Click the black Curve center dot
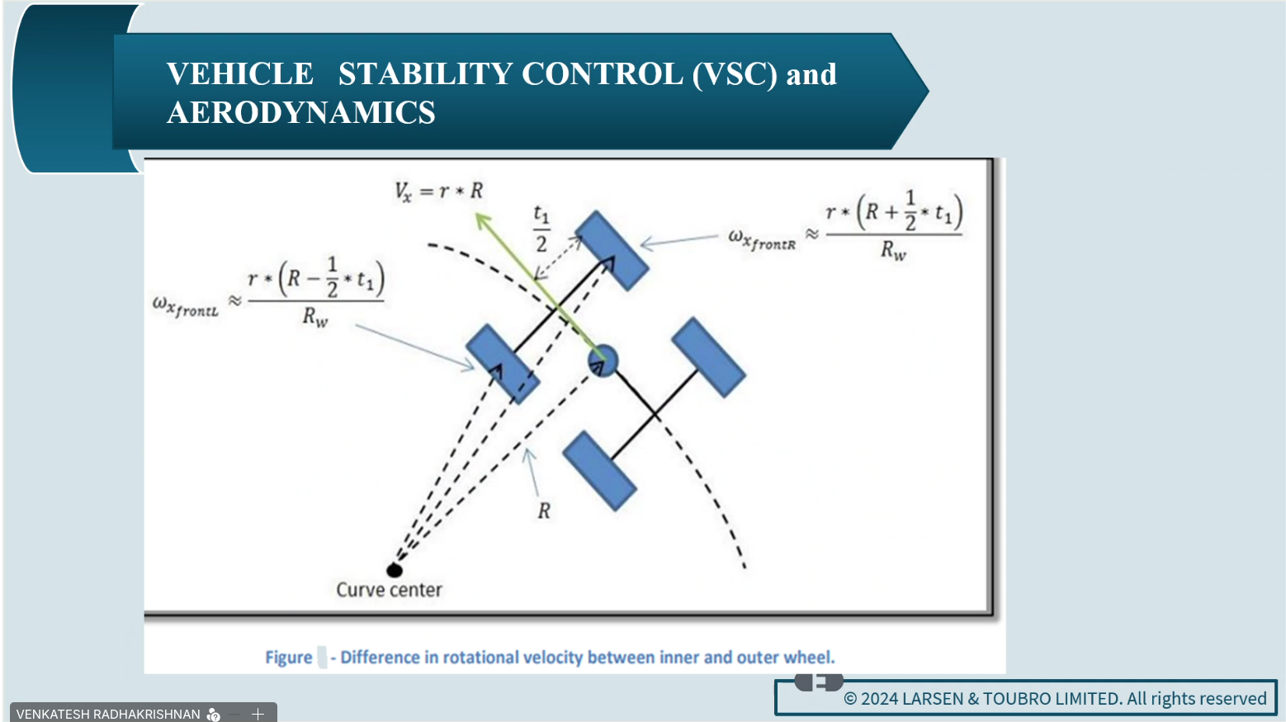[395, 570]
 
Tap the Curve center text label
[390, 590]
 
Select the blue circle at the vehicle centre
[603, 361]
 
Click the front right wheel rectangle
[612, 251]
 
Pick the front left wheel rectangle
[503, 365]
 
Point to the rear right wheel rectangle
[709, 357]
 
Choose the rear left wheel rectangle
[600, 471]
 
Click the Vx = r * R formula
[439, 191]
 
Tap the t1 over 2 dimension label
[541, 229]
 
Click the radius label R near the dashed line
[544, 511]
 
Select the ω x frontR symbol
[762, 239]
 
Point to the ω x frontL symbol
[186, 306]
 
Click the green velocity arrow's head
[483, 220]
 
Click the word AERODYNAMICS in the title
[301, 112]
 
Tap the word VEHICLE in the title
[240, 74]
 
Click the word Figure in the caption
[289, 657]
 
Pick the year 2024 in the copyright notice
[880, 698]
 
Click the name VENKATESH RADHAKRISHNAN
[108, 714]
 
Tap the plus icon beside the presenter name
[258, 714]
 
